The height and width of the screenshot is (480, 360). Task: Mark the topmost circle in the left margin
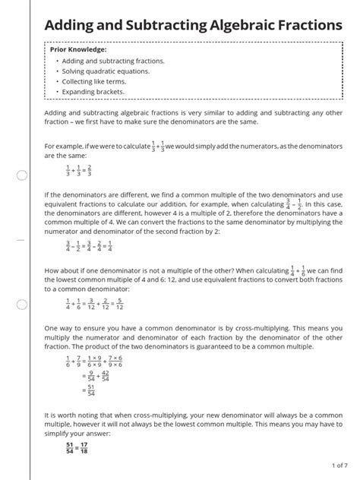[x=21, y=176]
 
